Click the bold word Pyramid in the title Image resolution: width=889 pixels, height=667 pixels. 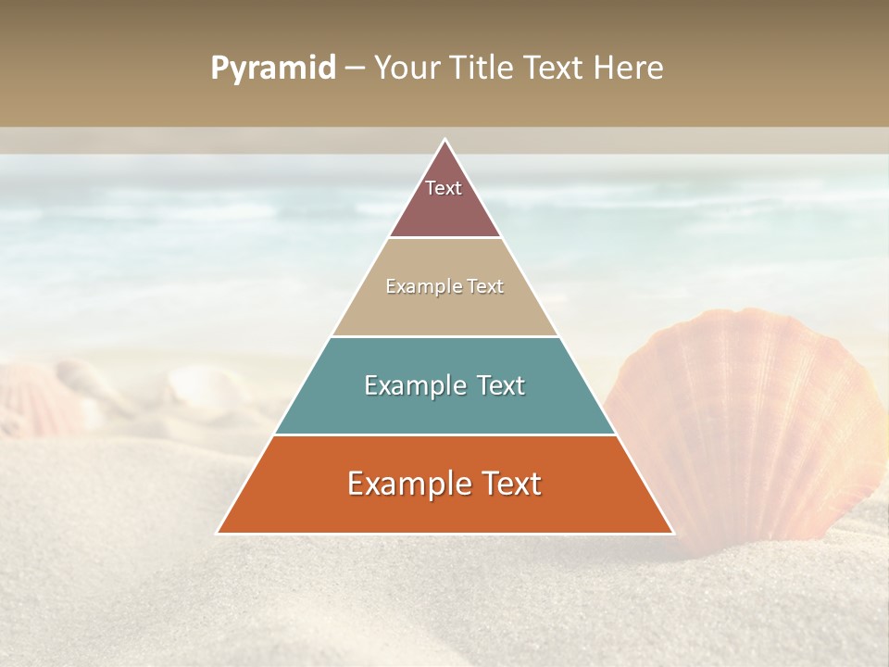tap(273, 69)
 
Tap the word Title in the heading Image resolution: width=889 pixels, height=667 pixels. tap(482, 69)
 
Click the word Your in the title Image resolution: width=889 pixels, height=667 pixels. tap(406, 69)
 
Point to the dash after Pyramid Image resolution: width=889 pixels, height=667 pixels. tap(355, 69)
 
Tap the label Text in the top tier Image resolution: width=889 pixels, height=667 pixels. tap(444, 188)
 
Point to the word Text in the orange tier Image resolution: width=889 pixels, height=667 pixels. tap(511, 484)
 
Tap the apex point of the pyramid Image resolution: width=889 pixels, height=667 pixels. tap(444, 140)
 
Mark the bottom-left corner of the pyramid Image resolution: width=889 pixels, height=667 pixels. tap(218, 533)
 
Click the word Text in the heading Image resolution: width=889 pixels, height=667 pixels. tap(556, 69)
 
